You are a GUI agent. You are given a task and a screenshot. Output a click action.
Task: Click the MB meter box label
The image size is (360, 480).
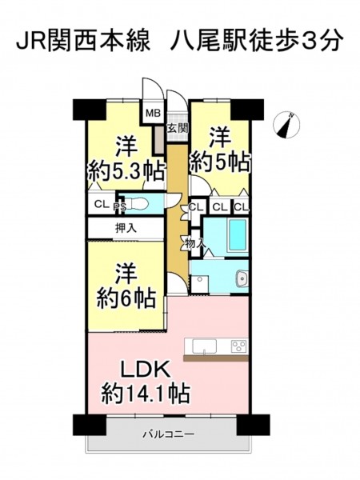(153, 114)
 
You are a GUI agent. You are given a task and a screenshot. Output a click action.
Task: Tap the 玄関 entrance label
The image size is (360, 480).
(178, 128)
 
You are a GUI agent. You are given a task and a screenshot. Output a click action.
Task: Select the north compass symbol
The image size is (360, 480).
(286, 125)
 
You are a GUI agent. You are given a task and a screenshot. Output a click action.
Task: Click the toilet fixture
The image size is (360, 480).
(138, 203)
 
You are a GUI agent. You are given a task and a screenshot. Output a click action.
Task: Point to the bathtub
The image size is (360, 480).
(238, 234)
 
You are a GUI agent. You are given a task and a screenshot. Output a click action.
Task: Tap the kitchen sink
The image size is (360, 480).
(204, 346)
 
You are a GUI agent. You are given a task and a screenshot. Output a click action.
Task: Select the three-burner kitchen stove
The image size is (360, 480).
(239, 346)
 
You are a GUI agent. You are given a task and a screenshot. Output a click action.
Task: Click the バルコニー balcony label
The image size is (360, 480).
(169, 434)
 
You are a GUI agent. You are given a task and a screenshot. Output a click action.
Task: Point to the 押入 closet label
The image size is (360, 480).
(126, 228)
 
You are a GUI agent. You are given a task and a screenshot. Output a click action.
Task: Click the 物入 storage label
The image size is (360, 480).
(194, 244)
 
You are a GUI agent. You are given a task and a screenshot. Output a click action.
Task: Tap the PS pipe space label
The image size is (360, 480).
(120, 207)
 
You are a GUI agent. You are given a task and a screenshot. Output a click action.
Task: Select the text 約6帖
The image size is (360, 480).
(127, 298)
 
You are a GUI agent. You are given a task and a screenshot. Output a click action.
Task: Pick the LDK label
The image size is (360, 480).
(145, 370)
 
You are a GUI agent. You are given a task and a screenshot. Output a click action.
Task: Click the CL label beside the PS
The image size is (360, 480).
(102, 204)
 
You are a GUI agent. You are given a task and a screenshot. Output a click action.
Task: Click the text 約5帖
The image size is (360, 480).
(221, 162)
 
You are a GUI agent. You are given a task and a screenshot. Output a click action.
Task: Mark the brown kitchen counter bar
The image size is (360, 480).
(216, 358)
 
